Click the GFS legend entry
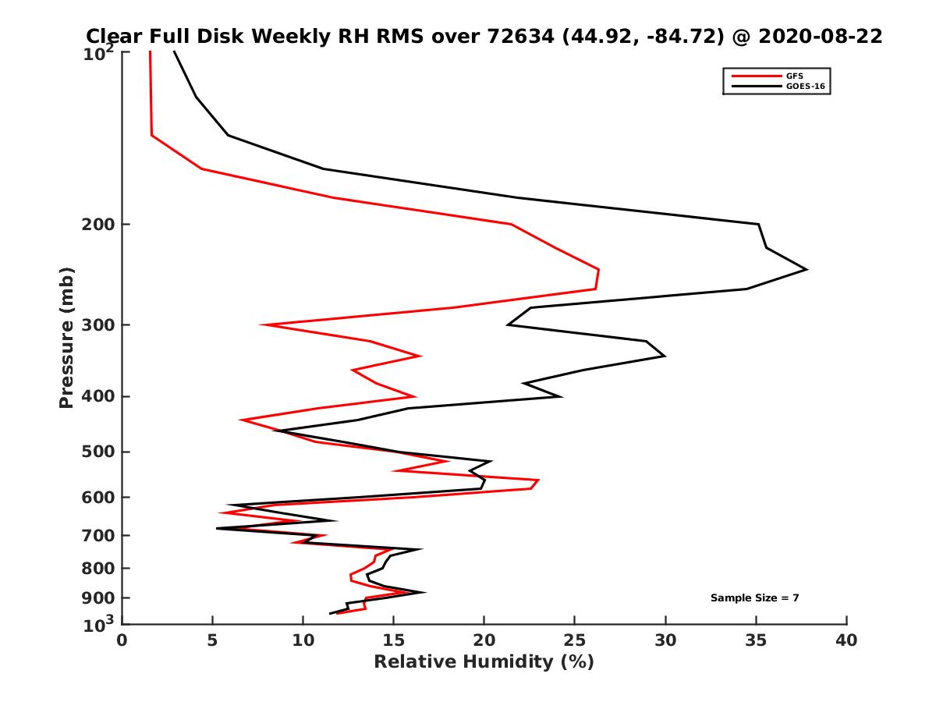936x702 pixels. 796,76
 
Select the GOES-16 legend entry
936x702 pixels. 805,87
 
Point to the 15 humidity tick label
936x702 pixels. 393,641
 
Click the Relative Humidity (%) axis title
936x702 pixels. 484,662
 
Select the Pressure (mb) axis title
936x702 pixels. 67,338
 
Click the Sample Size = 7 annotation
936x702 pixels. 754,598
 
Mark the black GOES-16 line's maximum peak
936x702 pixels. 807,270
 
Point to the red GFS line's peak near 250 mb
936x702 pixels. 598,271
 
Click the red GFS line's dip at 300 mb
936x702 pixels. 263,324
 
